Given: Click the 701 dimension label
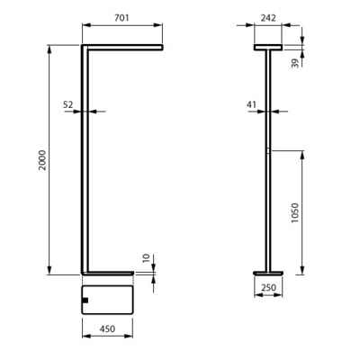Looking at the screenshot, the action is tap(121, 18).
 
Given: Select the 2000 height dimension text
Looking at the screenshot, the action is tap(42, 160).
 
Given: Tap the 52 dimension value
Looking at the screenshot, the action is tap(67, 104).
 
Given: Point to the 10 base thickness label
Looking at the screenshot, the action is tap(146, 258).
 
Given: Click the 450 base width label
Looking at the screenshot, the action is tap(107, 329).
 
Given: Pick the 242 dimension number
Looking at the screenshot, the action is tap(268, 18).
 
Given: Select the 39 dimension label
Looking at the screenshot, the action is tap(295, 63).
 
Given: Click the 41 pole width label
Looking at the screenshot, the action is tap(251, 104).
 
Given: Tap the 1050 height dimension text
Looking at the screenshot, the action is tap(295, 212).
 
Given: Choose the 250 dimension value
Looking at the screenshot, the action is tap(268, 287).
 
